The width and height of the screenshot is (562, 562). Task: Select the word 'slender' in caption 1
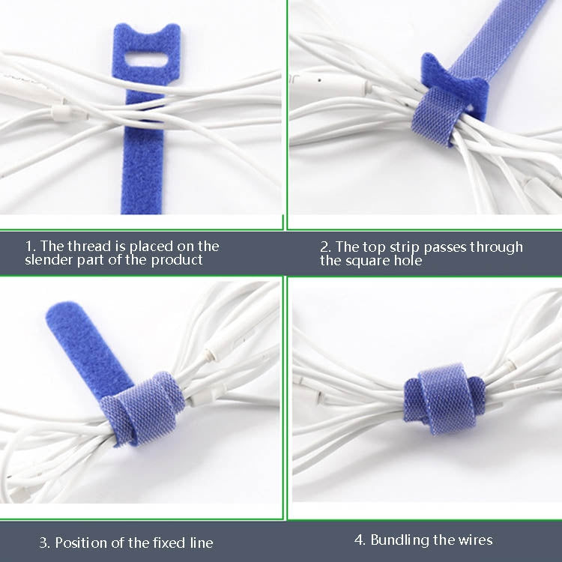(x=48, y=260)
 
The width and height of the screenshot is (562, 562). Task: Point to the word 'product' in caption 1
(x=179, y=260)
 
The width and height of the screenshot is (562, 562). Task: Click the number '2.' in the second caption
(x=325, y=247)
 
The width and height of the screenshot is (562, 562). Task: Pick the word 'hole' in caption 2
(x=408, y=261)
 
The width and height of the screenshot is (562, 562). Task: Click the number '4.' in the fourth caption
(x=360, y=540)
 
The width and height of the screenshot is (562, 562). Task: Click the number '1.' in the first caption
(x=30, y=246)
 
